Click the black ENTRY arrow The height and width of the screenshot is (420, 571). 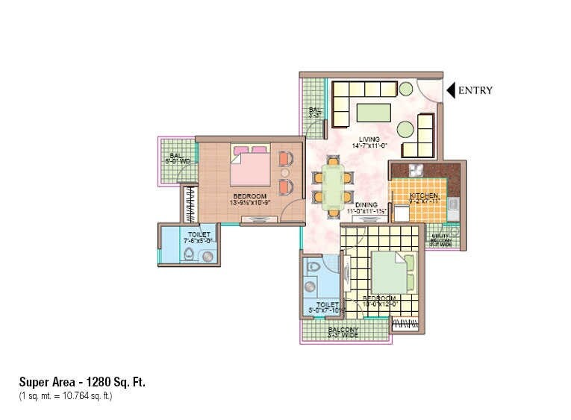[x=451, y=90]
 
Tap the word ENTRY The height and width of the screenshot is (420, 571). [x=475, y=90]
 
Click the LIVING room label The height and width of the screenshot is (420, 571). [x=368, y=140]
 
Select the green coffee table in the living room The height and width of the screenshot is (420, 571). [x=372, y=113]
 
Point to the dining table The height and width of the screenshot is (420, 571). [x=333, y=184]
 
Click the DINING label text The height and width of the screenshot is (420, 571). [x=366, y=205]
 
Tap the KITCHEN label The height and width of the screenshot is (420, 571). [x=423, y=195]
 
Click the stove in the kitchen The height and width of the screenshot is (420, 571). [x=415, y=169]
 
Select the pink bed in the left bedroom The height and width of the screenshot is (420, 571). [x=249, y=165]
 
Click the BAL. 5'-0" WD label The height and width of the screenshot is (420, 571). [x=177, y=157]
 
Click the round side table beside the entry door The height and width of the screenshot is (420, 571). [x=405, y=90]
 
